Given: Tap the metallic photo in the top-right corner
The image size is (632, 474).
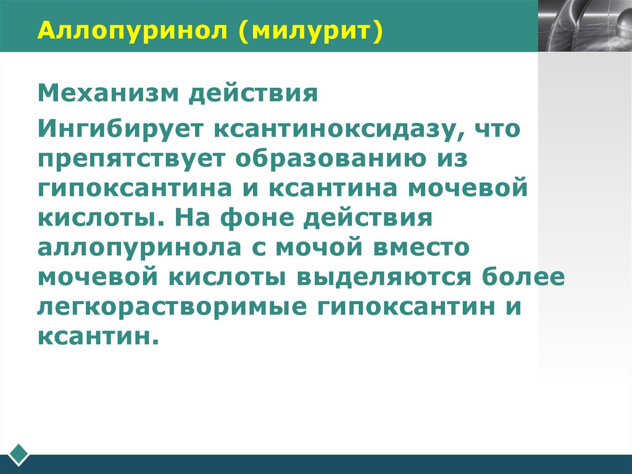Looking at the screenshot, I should pos(584,25).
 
